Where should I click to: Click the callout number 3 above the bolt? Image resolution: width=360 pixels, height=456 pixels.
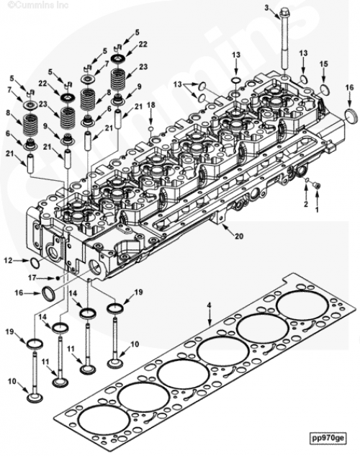click(x=266, y=7)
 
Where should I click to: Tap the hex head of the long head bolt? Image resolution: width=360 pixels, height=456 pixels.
click(x=284, y=14)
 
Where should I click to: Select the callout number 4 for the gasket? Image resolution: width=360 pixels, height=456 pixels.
click(x=210, y=305)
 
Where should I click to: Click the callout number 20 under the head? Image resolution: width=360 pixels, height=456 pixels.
click(x=239, y=236)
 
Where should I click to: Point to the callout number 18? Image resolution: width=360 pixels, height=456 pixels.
click(x=151, y=104)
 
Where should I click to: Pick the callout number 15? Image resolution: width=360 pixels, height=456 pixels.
click(x=324, y=63)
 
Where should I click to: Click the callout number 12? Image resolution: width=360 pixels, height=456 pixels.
click(x=9, y=261)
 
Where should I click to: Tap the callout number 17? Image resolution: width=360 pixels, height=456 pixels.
click(x=32, y=278)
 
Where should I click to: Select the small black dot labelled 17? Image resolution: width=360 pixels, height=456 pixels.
click(x=58, y=278)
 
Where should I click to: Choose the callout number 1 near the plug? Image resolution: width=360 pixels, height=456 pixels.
click(x=317, y=209)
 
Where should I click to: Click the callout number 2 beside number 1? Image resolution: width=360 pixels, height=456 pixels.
click(x=306, y=204)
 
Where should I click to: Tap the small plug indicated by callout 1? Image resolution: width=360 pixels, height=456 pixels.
click(x=318, y=184)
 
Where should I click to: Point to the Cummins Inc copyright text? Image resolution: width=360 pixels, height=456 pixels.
click(x=38, y=5)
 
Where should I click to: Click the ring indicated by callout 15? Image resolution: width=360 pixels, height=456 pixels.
click(x=325, y=89)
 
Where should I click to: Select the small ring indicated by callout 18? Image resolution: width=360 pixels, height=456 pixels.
click(x=151, y=129)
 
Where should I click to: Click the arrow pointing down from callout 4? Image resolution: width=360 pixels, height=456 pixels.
click(x=210, y=317)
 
